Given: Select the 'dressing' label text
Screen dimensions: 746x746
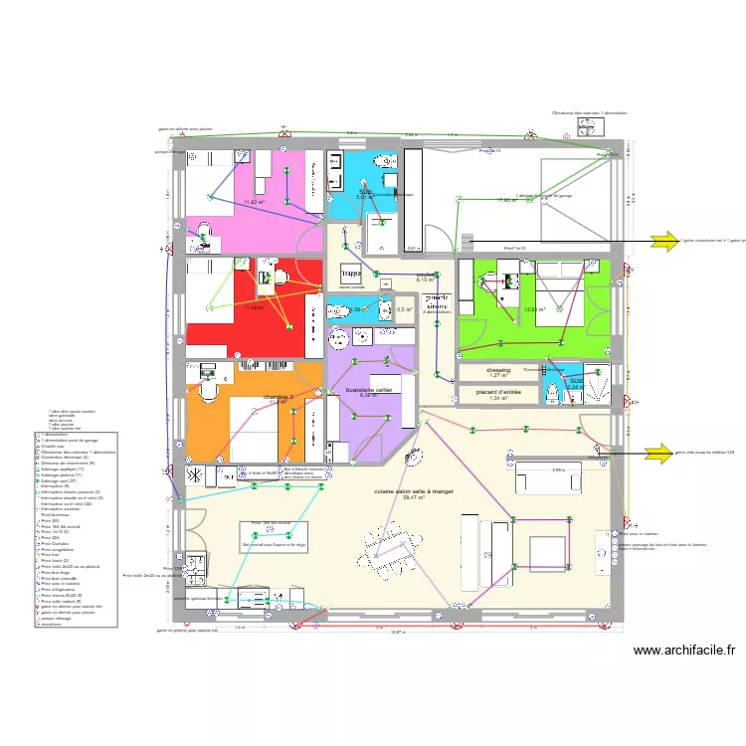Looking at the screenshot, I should [498, 370].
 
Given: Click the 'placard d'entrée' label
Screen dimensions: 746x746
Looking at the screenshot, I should [498, 392].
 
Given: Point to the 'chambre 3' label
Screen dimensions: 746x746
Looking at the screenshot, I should [279, 397].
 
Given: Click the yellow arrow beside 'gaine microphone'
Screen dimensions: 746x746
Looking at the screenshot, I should [662, 239].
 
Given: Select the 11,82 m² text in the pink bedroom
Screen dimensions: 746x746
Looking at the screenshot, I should [255, 202].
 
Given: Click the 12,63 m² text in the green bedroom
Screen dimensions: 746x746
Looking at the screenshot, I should [534, 308].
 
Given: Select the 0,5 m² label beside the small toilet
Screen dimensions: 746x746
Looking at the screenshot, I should [403, 309].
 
